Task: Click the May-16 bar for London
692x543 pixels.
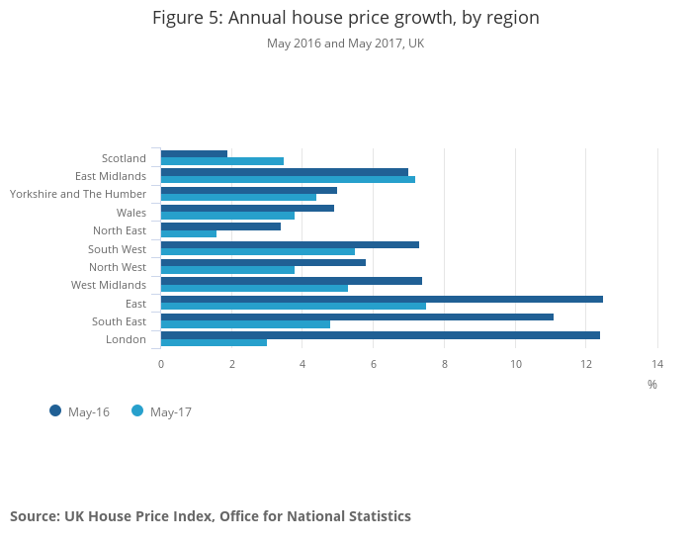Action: [x=381, y=335]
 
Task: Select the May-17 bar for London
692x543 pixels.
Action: [x=214, y=343]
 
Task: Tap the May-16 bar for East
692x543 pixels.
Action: [x=382, y=299]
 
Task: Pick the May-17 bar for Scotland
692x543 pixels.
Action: [x=222, y=161]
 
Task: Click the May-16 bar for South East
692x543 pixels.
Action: [x=357, y=317]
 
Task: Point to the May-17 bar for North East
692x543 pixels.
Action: [x=189, y=234]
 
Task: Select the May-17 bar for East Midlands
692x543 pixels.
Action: [x=288, y=179]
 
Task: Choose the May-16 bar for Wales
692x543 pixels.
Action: [x=247, y=208]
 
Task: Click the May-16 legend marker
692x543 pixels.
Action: [x=55, y=410]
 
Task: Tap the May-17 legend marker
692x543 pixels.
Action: [x=137, y=410]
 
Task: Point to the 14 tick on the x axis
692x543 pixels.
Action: [x=657, y=364]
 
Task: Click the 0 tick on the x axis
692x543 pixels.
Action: [x=161, y=364]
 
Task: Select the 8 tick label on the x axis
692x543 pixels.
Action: [x=445, y=364]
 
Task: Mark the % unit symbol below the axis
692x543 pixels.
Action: [x=652, y=384]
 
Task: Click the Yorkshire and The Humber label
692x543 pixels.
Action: [x=78, y=194]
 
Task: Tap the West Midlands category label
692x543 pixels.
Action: [x=109, y=285]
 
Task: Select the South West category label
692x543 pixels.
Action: [x=117, y=249]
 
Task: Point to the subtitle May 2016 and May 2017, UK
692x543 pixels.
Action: [x=345, y=44]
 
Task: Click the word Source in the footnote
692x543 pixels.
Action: [x=34, y=516]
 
